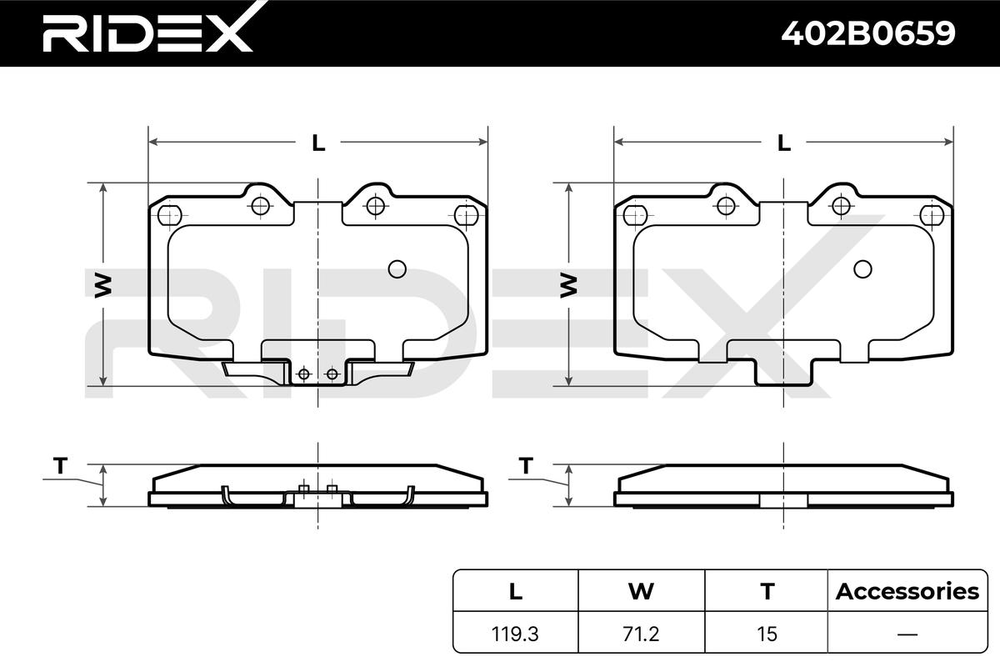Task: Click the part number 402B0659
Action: (x=868, y=33)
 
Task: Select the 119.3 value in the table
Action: (x=515, y=634)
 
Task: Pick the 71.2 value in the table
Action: (x=641, y=634)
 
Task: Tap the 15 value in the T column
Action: (x=767, y=634)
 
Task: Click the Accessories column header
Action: (x=907, y=591)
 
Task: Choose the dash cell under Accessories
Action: (x=907, y=634)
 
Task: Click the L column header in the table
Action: (x=516, y=591)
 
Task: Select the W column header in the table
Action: (x=641, y=591)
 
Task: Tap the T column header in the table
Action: (x=767, y=591)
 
